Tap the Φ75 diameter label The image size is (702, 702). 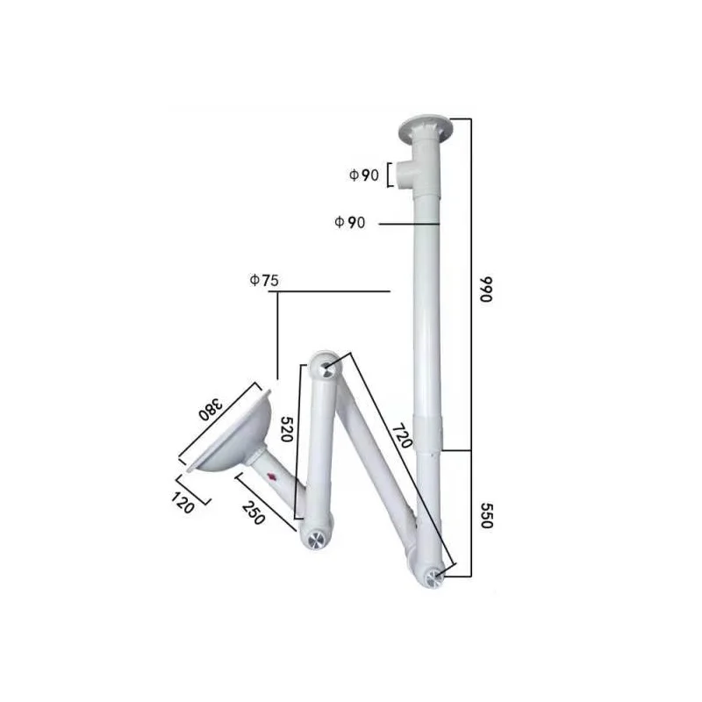(263, 281)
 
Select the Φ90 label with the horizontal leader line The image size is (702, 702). (349, 223)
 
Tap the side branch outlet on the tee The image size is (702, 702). (404, 175)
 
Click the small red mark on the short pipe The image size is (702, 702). (272, 476)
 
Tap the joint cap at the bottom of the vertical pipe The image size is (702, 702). (434, 576)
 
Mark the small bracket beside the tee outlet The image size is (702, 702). (388, 175)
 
